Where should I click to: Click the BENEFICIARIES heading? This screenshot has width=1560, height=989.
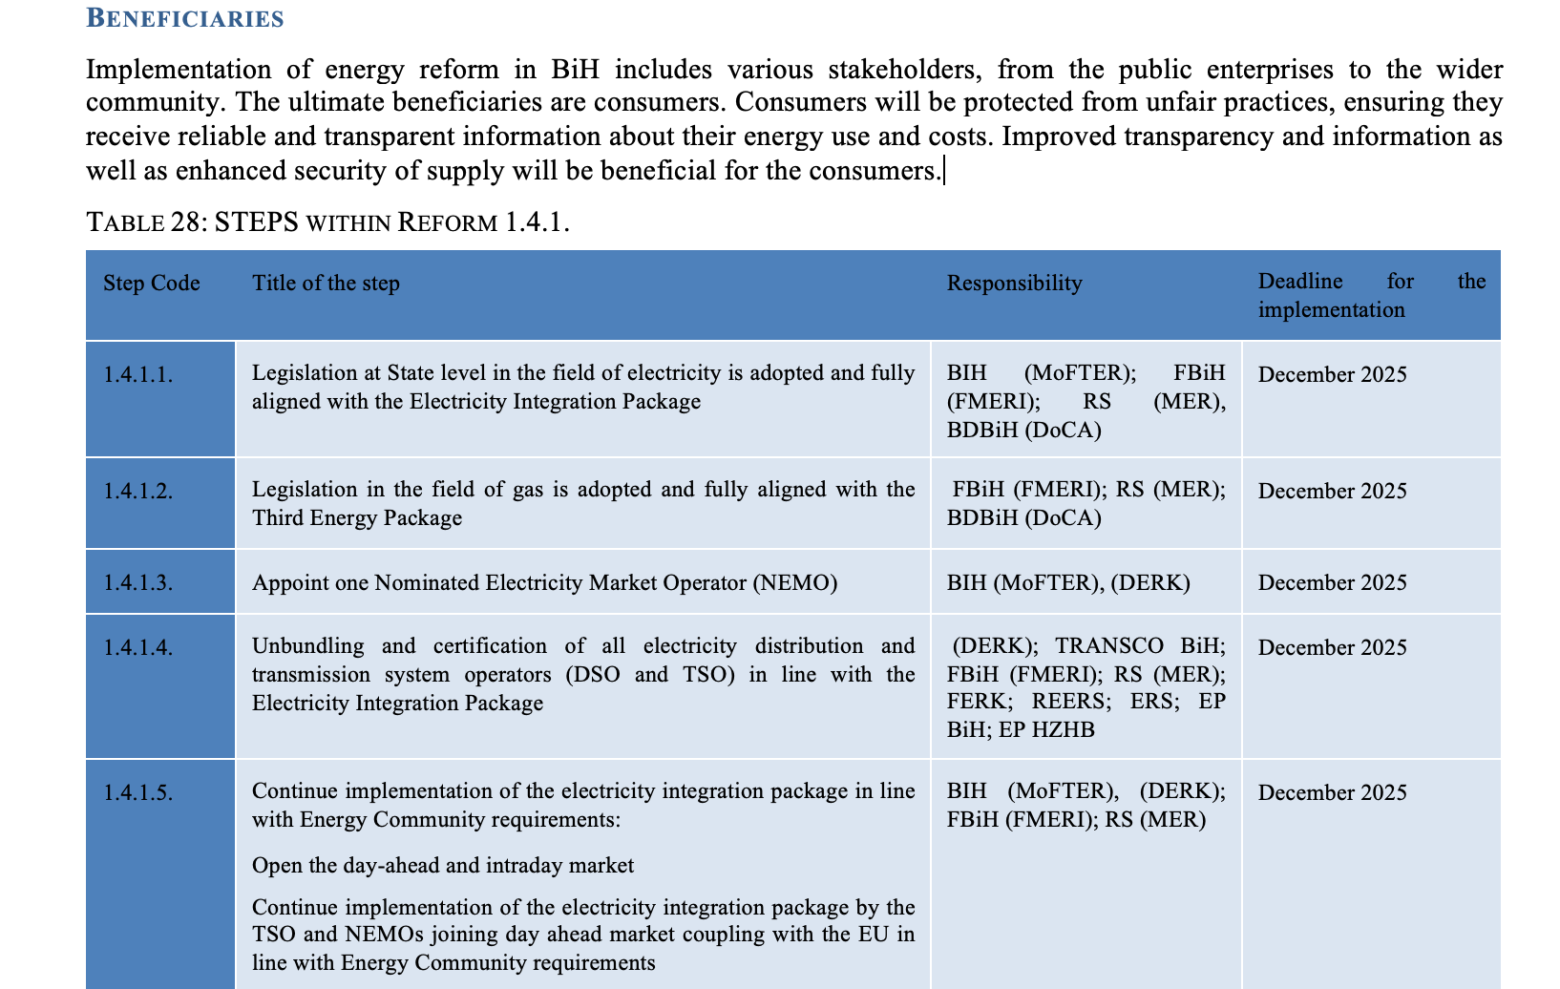coord(184,18)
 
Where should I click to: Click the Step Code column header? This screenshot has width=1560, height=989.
coord(151,284)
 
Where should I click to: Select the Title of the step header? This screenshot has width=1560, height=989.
coord(326,284)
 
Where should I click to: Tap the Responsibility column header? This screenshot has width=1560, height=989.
coord(1014,284)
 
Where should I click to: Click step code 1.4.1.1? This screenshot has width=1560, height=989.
coord(138,375)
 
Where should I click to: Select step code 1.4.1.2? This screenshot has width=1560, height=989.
coord(138,492)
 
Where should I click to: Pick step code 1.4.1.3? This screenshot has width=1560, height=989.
coord(138,583)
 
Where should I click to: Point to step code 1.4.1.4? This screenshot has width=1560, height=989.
coord(138,648)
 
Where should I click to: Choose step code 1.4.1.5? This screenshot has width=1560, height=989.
coord(138,793)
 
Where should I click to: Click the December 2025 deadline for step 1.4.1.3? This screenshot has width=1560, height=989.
coord(1332,583)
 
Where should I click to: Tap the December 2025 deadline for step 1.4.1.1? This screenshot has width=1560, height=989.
coord(1332,375)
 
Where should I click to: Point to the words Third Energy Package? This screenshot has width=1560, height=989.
coord(357,518)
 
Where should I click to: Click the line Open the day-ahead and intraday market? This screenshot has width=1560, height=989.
coord(442,866)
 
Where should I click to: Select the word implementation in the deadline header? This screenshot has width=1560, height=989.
coord(1331,310)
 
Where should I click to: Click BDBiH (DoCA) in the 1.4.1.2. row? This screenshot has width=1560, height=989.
coord(1023,518)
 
